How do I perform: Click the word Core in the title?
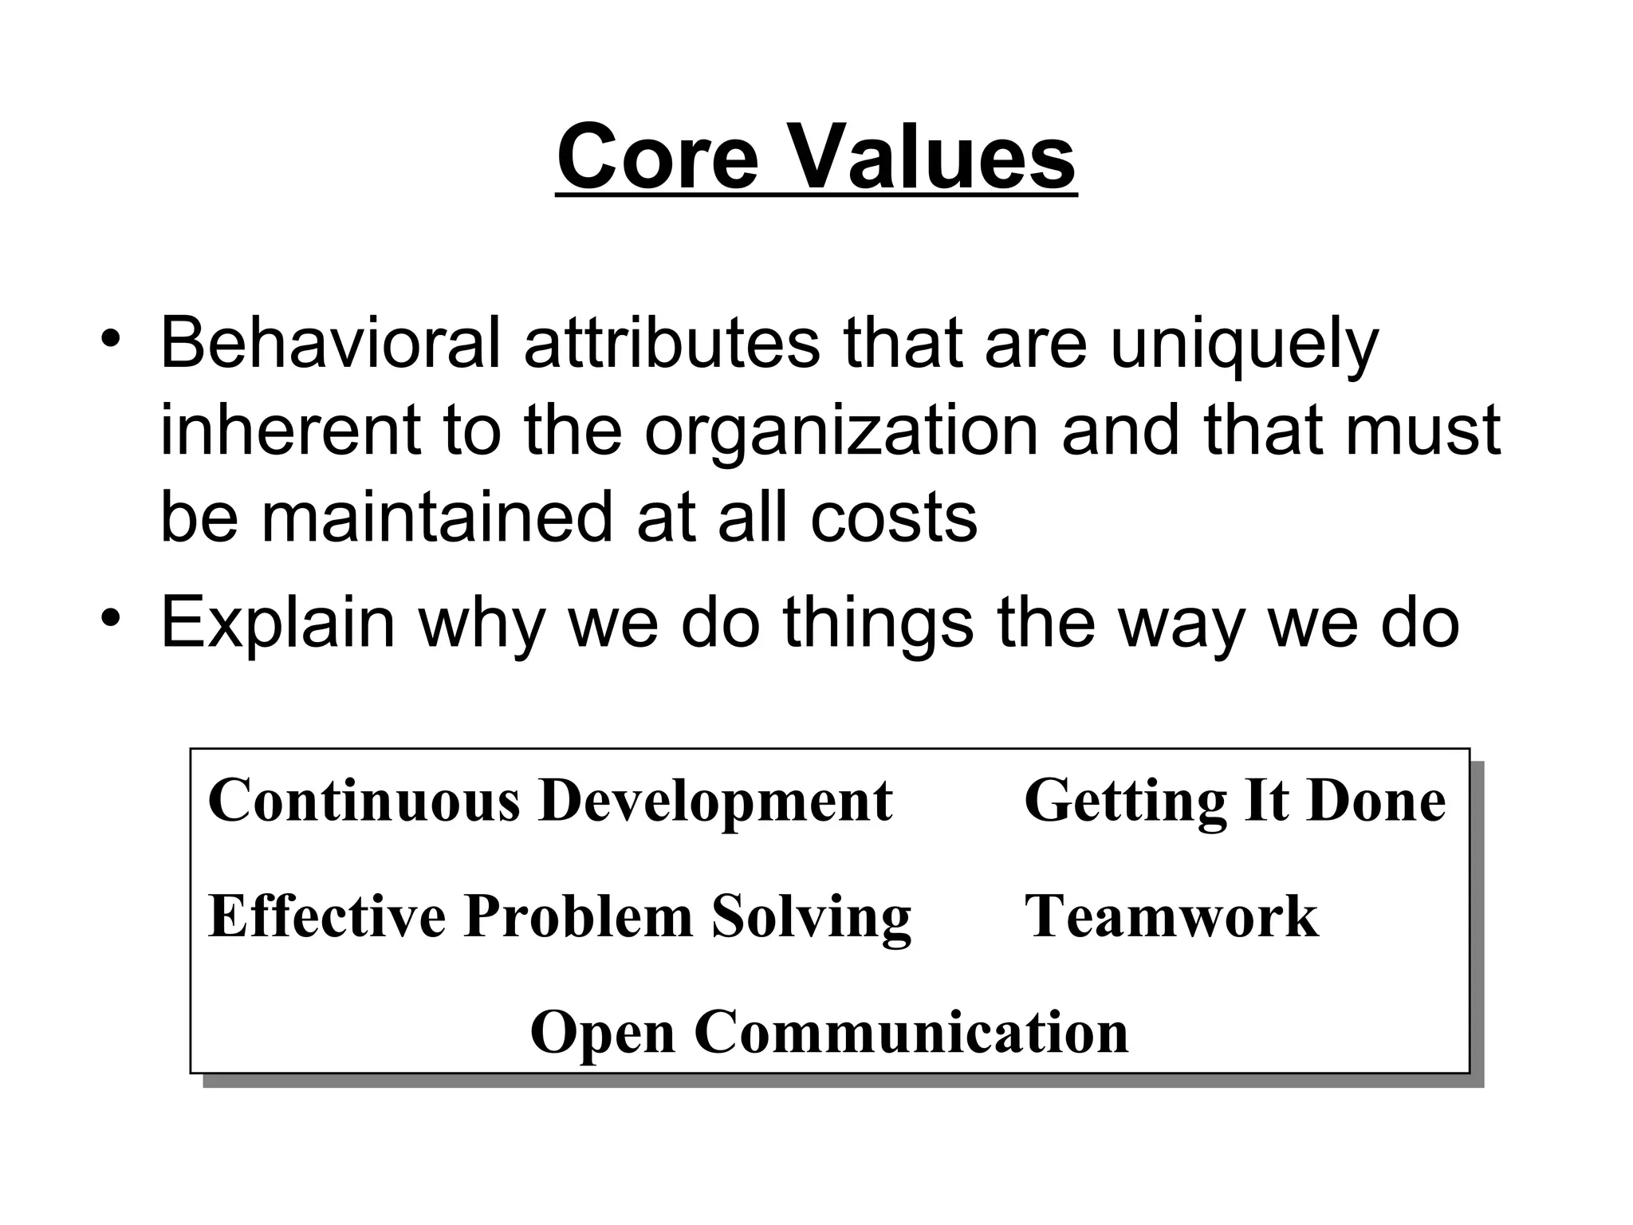coord(657,157)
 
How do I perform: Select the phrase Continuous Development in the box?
coord(550,800)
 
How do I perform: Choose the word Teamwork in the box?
coord(1171,916)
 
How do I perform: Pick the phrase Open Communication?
coord(829,1032)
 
